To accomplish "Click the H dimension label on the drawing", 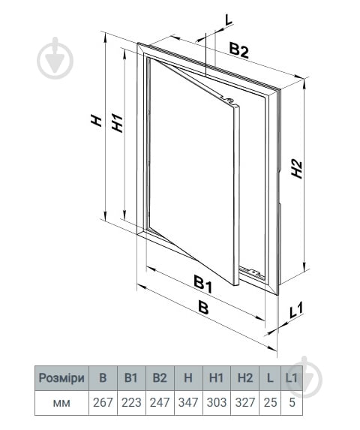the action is coord(97,121).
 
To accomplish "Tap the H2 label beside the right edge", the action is coord(297,169).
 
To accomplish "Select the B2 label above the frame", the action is coord(238,51).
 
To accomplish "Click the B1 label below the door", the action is coord(203,284).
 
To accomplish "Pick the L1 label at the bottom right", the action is coord(296,310).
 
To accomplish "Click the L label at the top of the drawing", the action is coord(228,20).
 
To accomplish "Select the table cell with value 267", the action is coord(103,402).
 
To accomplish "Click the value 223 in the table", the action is coord(131,402).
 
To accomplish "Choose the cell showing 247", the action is coord(160,402).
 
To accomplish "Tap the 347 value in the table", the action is coord(188,402).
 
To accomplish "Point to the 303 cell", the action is coord(217,402).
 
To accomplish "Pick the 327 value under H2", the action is coord(245,402).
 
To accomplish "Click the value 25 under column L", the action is coord(270,402).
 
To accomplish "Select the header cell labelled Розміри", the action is coord(61,378).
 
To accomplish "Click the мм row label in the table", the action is coord(61,403).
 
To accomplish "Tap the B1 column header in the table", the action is coord(131,378).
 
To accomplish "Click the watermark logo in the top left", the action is coord(55,58).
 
